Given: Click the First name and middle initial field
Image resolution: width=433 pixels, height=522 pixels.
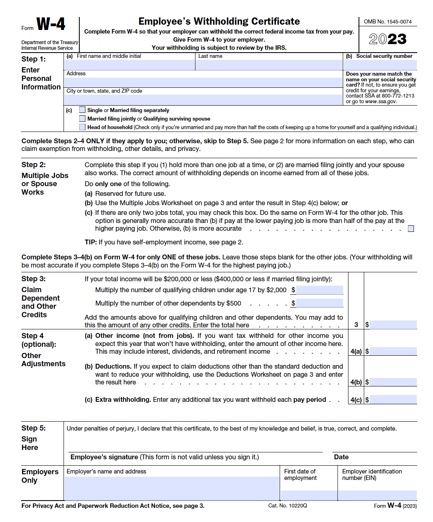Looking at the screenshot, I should pyautogui.click(x=129, y=65).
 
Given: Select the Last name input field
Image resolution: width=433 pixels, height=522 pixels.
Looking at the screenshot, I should pyautogui.click(x=269, y=65).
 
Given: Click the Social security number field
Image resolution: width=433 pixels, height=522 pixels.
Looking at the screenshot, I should pyautogui.click(x=380, y=65).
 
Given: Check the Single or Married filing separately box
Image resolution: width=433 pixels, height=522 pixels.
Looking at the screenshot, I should pyautogui.click(x=83, y=110).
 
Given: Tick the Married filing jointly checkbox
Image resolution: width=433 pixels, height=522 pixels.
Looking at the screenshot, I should pyautogui.click(x=83, y=119).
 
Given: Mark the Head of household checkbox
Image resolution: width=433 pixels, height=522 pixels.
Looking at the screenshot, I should pyautogui.click(x=83, y=127).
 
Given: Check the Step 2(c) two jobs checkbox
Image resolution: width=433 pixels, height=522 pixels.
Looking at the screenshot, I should pyautogui.click(x=411, y=229).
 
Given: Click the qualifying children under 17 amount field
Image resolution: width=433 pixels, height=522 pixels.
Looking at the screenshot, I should pyautogui.click(x=320, y=290).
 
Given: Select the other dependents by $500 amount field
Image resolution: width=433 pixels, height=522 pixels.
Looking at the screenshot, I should pyautogui.click(x=320, y=303).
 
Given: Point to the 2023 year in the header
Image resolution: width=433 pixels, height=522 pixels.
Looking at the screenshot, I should pyautogui.click(x=387, y=39).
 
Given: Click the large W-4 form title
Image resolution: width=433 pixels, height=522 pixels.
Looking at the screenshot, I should pyautogui.click(x=51, y=24).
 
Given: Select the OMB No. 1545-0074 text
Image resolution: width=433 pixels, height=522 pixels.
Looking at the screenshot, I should pyautogui.click(x=387, y=22).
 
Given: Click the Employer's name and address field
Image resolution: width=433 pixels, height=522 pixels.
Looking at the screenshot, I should pyautogui.click(x=172, y=488).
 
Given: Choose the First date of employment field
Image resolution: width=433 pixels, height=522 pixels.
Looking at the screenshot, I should pyautogui.click(x=308, y=495).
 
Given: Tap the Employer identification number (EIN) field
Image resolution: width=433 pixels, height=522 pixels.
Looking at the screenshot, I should pyautogui.click(x=377, y=495).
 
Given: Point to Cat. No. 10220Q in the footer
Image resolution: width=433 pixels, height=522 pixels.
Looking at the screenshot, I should pyautogui.click(x=287, y=505).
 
